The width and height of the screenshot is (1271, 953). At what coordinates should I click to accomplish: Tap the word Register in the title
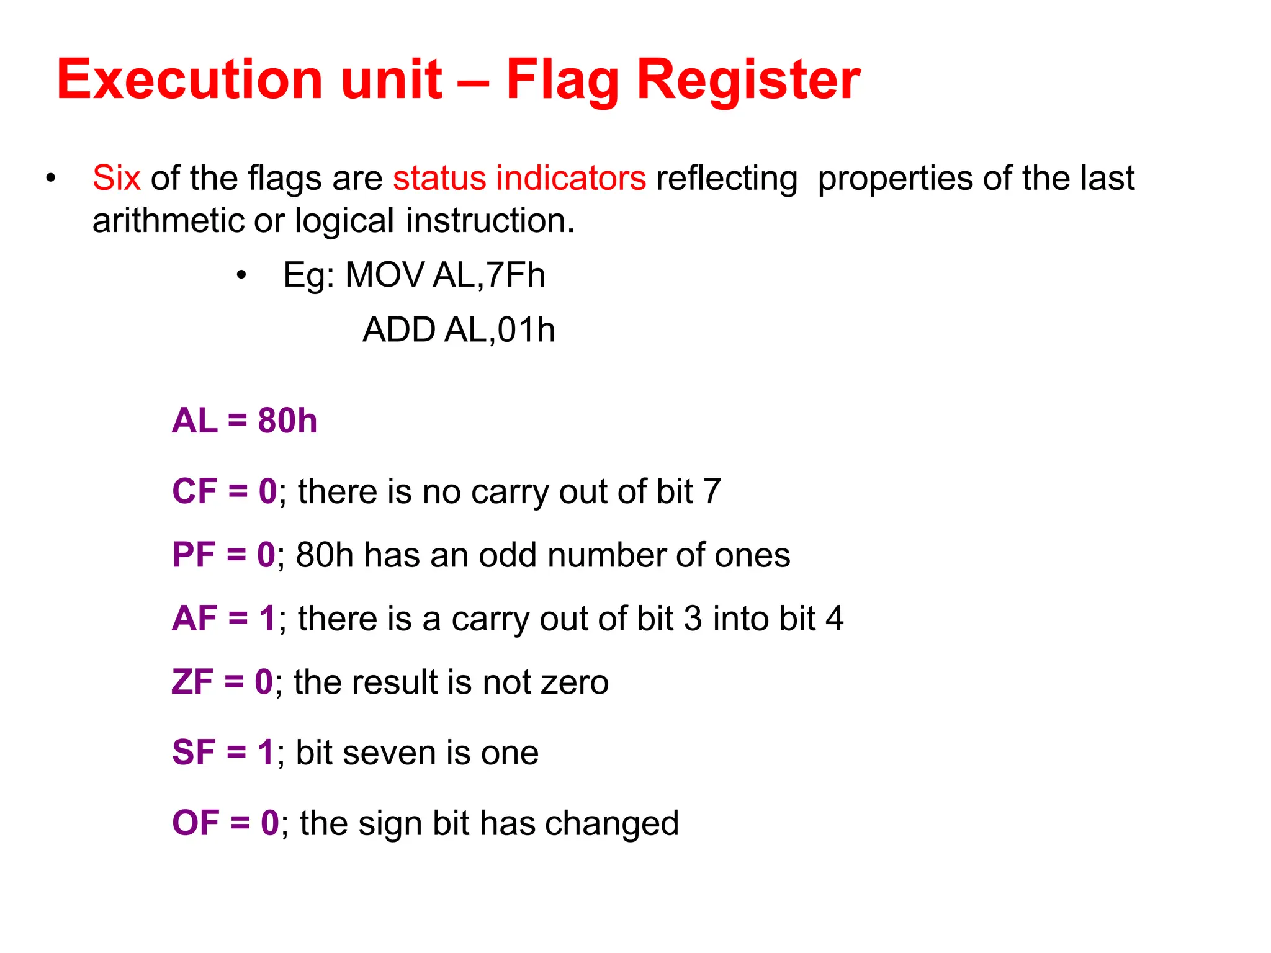[748, 79]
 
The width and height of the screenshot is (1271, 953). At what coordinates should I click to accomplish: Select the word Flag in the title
[562, 79]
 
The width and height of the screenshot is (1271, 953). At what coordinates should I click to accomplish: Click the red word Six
[116, 179]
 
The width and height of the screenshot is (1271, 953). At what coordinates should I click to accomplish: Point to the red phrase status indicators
[519, 179]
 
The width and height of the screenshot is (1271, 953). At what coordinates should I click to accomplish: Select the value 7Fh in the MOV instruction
[515, 275]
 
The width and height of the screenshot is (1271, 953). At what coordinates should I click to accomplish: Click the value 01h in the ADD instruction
[526, 329]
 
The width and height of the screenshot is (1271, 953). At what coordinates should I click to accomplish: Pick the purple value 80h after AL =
[287, 421]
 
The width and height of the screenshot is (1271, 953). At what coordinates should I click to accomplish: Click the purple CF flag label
[194, 491]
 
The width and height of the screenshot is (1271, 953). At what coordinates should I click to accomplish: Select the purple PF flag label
[194, 555]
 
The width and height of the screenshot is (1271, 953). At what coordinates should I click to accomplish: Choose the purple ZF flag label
[192, 682]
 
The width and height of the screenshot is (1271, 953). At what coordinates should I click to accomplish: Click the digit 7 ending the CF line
[712, 491]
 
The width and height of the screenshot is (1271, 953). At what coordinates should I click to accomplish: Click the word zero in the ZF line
[575, 682]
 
